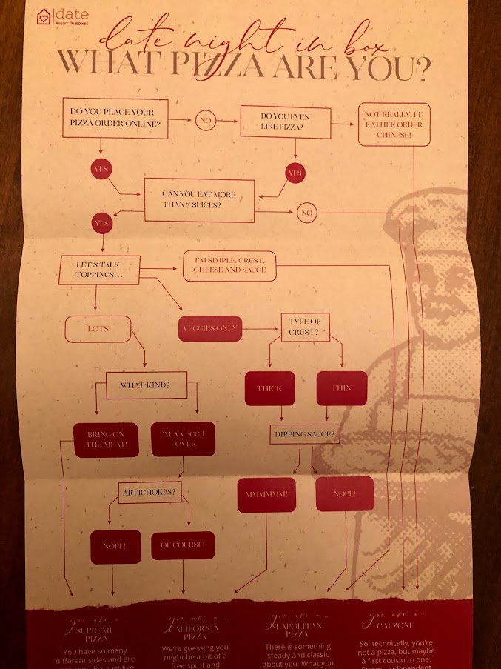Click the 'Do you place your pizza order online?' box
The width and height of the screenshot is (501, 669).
click(115, 119)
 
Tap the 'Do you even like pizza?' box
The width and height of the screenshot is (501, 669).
click(285, 121)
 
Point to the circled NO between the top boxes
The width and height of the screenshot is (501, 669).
click(206, 119)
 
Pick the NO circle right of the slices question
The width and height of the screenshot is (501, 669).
click(306, 213)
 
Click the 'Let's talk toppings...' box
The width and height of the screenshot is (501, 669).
click(98, 270)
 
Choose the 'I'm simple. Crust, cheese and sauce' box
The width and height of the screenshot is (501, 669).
click(229, 265)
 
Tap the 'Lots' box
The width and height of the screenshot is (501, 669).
click(98, 328)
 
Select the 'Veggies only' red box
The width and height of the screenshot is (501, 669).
click(210, 328)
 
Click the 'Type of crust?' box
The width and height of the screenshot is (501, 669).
click(304, 328)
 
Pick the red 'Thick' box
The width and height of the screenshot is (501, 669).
click(269, 388)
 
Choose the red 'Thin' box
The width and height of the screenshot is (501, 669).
click(341, 388)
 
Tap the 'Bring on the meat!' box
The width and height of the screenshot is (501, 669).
click(106, 439)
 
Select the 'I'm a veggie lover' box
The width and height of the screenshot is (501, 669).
click(183, 439)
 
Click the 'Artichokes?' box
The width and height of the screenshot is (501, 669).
click(149, 492)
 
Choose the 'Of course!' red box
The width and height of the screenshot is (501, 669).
click(182, 546)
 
